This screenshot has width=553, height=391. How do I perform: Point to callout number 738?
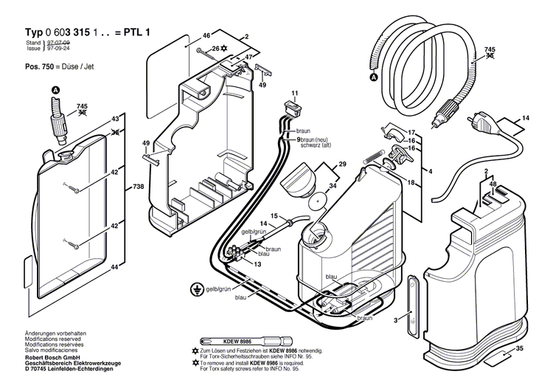tap(138, 188)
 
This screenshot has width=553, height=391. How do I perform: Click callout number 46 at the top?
tap(206, 35)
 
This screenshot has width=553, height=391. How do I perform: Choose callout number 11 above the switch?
tap(294, 93)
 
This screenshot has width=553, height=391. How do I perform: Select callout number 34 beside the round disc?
tap(333, 186)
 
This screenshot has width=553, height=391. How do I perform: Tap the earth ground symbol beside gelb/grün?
tap(195, 289)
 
